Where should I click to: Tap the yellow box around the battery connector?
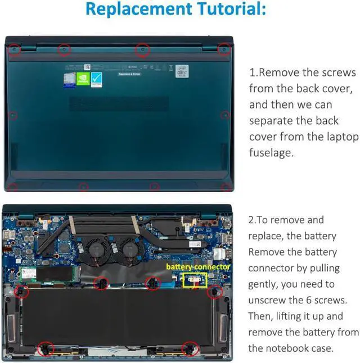(195, 279)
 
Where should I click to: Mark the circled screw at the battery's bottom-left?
(45, 348)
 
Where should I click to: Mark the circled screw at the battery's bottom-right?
(190, 348)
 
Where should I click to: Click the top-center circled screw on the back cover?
(143, 50)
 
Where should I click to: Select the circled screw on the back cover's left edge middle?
(13, 116)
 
